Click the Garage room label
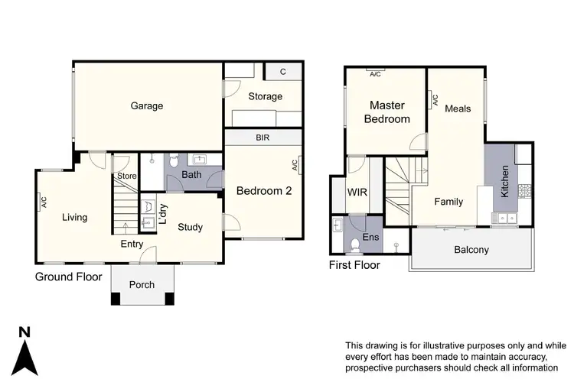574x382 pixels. [146, 106]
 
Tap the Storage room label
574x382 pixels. [265, 96]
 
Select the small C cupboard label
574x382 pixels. [282, 72]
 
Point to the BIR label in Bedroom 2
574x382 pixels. [263, 138]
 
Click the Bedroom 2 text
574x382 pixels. [263, 191]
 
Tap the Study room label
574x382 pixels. [191, 226]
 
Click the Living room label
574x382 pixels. [74, 217]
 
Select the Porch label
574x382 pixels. [142, 284]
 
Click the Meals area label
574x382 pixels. [458, 108]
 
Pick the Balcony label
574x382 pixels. [471, 250]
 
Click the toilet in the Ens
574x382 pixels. [354, 244]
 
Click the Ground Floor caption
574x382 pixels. [68, 277]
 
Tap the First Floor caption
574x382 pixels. [355, 265]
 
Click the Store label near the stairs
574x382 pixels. [126, 176]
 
